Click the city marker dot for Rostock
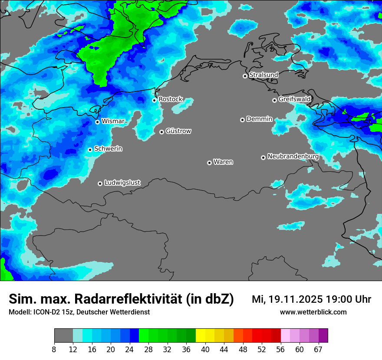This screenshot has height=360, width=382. tap(154, 100)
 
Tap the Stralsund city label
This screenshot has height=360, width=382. tap(263, 75)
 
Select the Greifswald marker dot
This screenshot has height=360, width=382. tap(274, 100)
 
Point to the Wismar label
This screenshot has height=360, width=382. tap(113, 121)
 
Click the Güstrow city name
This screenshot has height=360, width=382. tap(178, 131)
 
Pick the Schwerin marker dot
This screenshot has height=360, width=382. tap(90, 150)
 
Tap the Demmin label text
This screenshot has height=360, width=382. tap(259, 119)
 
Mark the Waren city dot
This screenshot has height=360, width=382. tap(209, 163)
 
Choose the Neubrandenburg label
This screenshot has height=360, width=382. tap(293, 156)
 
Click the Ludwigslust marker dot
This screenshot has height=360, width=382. tap(100, 183)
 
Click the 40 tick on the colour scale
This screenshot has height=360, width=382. tap(205, 349)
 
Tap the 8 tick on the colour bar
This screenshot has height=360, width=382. tap(54, 349)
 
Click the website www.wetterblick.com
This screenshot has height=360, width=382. tap(313, 312)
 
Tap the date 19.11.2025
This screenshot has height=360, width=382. tap(295, 299)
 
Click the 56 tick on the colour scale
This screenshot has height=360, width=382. tap(281, 349)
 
